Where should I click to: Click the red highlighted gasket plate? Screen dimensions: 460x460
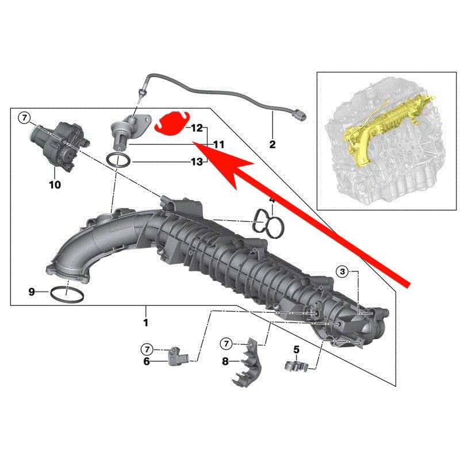coord(171,123)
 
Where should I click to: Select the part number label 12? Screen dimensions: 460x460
coord(197,128)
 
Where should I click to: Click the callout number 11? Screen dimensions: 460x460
coord(218,145)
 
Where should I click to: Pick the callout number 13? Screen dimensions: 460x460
coord(197,162)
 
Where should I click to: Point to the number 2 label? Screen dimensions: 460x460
coord(272,144)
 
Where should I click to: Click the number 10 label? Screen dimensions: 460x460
coord(55,185)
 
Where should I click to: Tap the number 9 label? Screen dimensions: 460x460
coord(32,292)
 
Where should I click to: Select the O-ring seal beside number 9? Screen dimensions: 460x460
coord(67,295)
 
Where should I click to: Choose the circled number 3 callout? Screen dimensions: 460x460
coord(342,271)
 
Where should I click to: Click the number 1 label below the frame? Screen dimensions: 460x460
coord(145,323)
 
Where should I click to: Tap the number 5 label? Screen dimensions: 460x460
coord(296,350)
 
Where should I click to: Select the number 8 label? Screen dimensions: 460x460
coord(225,362)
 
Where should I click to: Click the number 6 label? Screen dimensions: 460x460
coord(147,362)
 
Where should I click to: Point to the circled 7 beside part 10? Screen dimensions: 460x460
coord(24,118)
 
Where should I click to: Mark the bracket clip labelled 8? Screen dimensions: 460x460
coord(247,362)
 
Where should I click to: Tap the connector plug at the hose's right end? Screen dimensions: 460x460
coord(298,114)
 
